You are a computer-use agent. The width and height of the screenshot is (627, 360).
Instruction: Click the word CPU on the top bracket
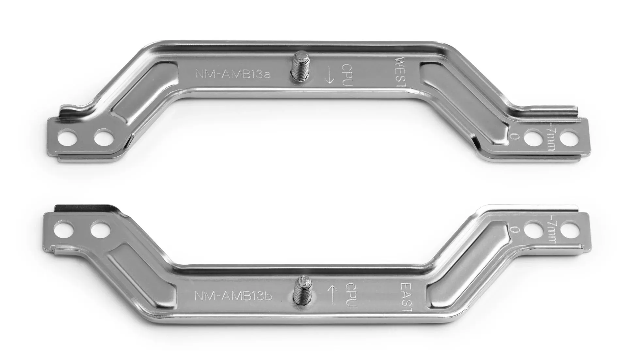tap(346, 75)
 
